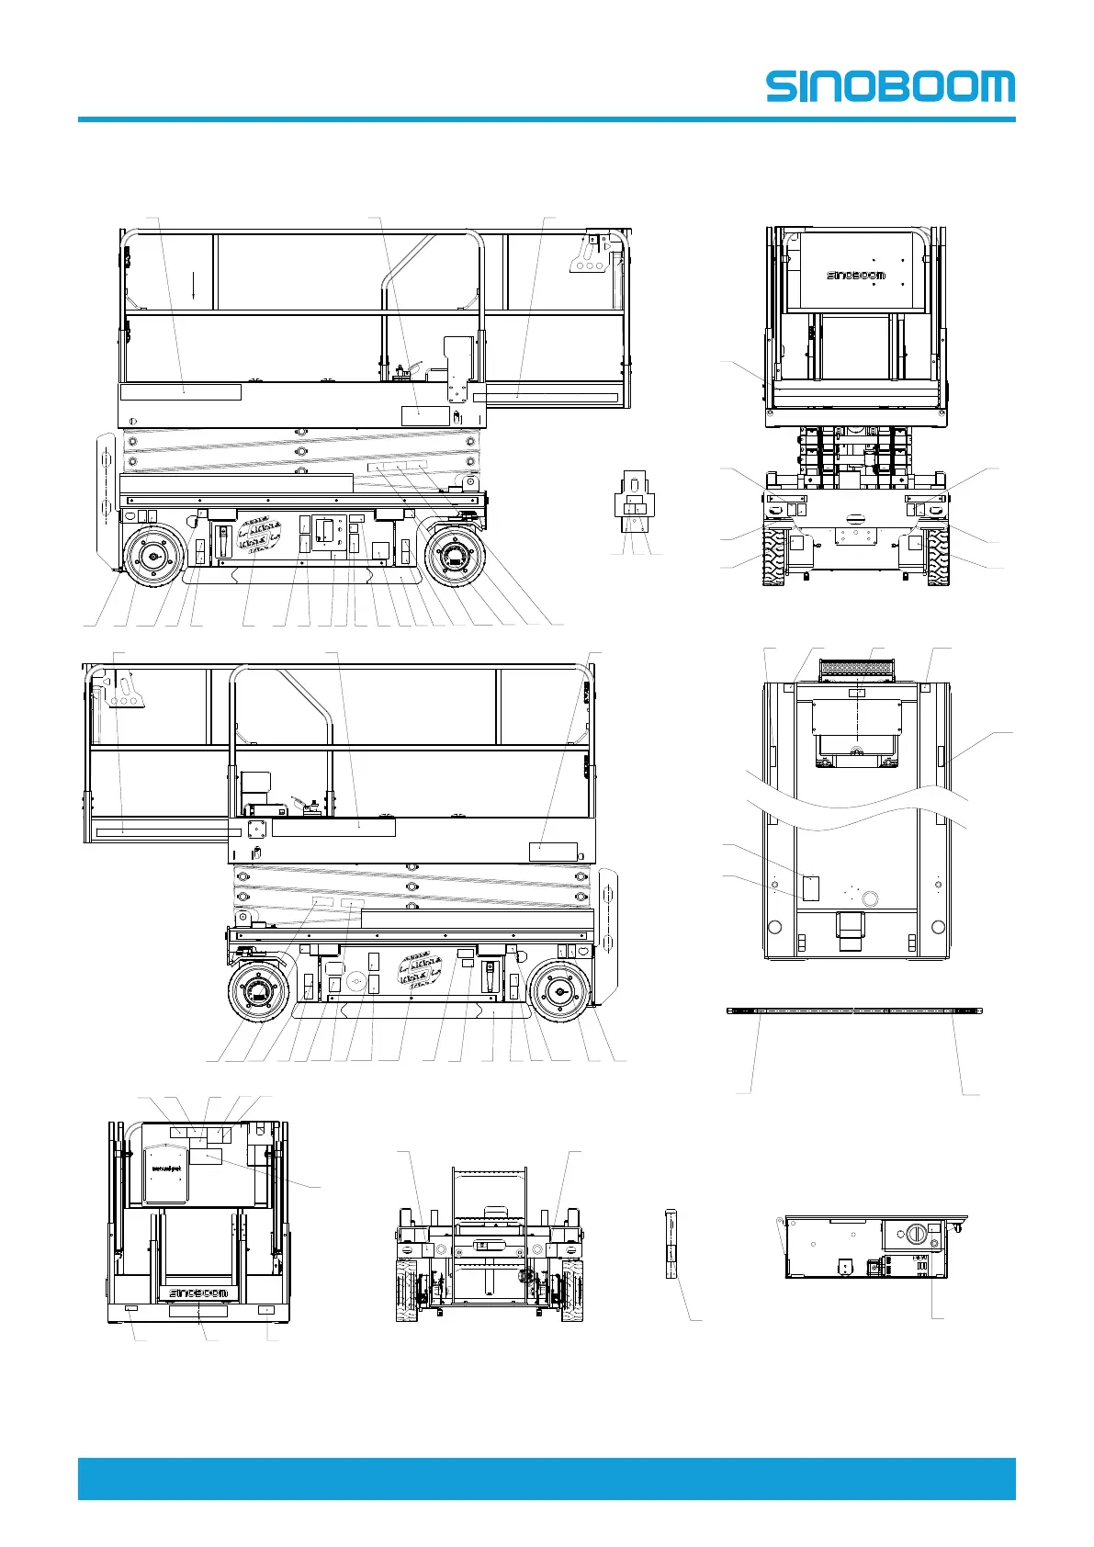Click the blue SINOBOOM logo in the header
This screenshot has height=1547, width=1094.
890,87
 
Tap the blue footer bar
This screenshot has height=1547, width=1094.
547,1478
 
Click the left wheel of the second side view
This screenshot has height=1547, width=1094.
258,993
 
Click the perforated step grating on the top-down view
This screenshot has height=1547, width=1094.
856,672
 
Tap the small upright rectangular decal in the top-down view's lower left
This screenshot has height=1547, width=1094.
810,887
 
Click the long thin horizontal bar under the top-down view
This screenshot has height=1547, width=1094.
854,1011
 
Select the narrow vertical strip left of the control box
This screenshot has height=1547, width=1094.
670,1245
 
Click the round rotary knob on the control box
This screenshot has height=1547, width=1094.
916,1235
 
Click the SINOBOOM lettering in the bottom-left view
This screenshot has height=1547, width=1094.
197,1293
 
